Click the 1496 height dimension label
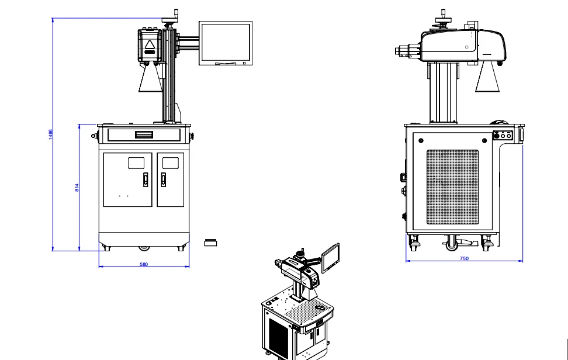click(51, 134)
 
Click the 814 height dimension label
click(77, 188)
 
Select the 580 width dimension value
click(144, 264)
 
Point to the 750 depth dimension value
click(464, 258)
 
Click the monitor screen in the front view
click(226, 43)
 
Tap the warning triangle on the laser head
click(150, 45)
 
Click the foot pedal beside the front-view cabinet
click(210, 243)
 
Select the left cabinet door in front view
click(127, 179)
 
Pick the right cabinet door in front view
click(170, 179)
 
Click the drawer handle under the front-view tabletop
click(144, 135)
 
